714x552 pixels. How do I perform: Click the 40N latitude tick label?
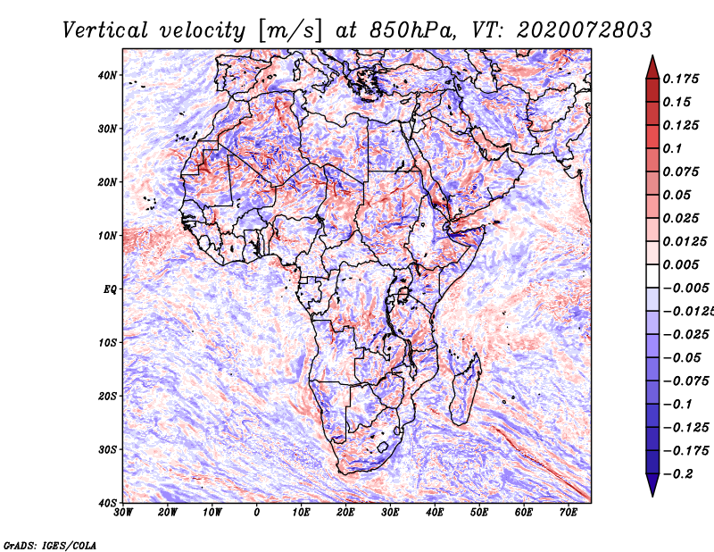107,75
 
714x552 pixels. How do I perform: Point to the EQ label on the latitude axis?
110,289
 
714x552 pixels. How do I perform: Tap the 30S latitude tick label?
107,449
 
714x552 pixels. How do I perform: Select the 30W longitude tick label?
123,513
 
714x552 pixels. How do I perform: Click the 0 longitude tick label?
257,513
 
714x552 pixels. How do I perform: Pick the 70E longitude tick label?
569,513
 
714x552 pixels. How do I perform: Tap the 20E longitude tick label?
346,513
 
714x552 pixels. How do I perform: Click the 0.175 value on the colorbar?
681,79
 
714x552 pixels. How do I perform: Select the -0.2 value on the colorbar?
677,473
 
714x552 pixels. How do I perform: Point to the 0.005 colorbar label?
681,264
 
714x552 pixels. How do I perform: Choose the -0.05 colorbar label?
682,357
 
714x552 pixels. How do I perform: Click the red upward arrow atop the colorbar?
652,67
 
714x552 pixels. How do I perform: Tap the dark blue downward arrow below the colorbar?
652,485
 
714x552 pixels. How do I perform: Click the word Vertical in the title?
105,30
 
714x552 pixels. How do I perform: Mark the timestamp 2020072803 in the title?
585,30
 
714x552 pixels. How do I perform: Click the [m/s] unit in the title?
290,31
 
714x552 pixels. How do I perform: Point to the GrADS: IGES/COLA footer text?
50,545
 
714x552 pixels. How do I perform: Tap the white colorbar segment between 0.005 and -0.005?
652,276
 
